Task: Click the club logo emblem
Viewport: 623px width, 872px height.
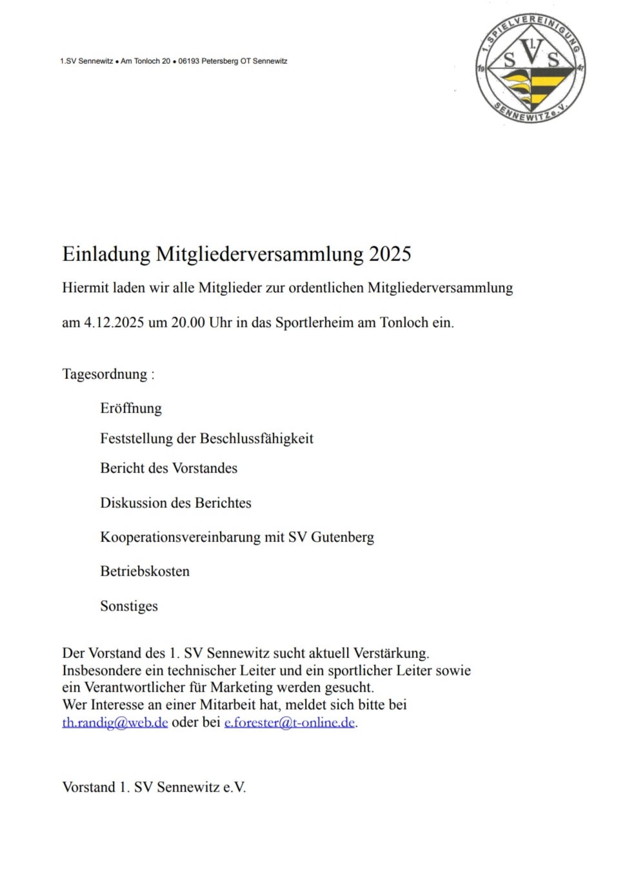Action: (x=531, y=70)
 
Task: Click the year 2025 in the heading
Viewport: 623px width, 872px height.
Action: (x=390, y=254)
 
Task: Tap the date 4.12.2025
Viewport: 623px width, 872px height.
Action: (x=114, y=322)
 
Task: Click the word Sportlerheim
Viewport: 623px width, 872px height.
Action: (x=315, y=322)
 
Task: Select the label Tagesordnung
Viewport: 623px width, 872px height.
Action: (x=104, y=374)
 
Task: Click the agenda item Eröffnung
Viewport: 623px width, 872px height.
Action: (x=131, y=409)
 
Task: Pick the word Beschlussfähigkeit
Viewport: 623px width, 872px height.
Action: (x=257, y=439)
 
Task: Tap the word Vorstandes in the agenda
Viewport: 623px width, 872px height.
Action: (x=204, y=469)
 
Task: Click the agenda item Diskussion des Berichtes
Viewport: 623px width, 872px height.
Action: (x=175, y=503)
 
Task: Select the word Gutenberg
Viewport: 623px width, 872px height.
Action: (x=342, y=538)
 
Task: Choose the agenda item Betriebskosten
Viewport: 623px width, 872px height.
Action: (x=144, y=572)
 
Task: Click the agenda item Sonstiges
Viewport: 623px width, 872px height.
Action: (x=129, y=606)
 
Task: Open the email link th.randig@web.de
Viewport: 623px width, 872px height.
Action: (x=115, y=722)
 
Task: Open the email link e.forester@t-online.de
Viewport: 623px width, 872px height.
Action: (x=290, y=722)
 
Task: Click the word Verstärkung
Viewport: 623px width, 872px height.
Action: (x=391, y=654)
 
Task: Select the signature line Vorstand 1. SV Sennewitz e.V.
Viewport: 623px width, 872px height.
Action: (x=154, y=788)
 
